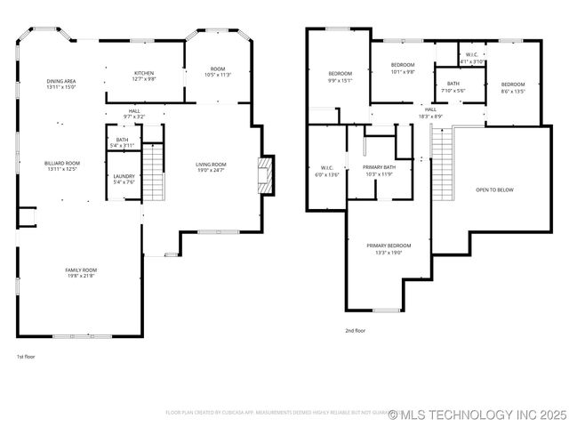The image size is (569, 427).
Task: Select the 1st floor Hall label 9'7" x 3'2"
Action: coord(134,113)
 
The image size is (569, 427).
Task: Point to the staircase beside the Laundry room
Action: coord(154,173)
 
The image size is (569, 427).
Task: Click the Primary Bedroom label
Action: coord(389,248)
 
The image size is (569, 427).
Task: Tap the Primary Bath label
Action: coord(379,170)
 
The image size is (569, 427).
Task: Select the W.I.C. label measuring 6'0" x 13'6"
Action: coord(327,171)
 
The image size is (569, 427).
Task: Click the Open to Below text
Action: coord(494,189)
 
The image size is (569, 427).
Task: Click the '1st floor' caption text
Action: coord(26,357)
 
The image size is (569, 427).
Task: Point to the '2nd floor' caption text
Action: coord(355,330)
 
